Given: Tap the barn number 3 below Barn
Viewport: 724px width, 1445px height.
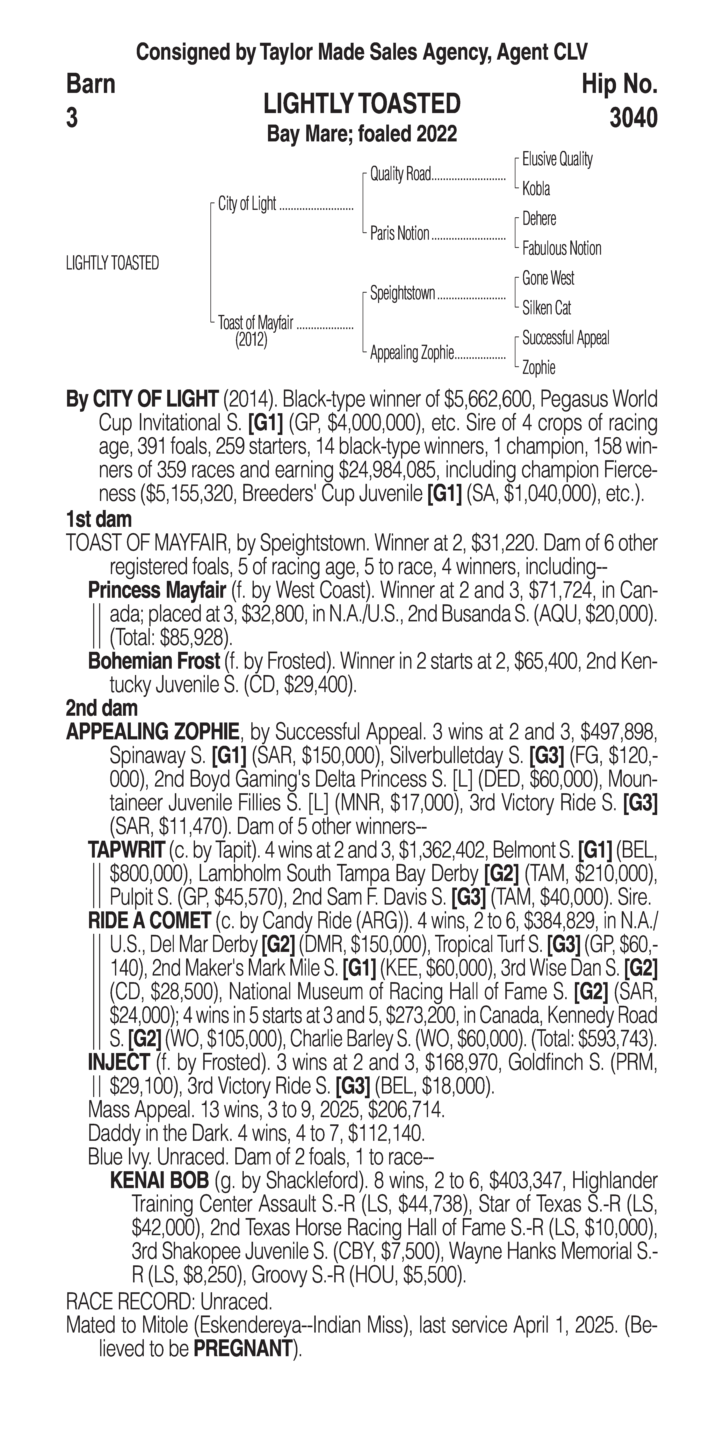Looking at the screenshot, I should [72, 118].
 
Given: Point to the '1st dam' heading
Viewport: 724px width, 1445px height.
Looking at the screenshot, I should [99, 519].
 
